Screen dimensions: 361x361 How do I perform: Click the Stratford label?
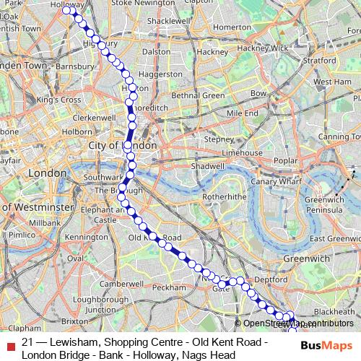pyautogui.click(x=319, y=61)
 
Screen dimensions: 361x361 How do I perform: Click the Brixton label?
pyautogui.click(x=75, y=320)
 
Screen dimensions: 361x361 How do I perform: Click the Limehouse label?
pyautogui.click(x=242, y=153)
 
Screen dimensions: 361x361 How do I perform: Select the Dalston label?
pyautogui.click(x=156, y=51)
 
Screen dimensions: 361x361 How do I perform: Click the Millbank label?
pyautogui.click(x=45, y=223)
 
